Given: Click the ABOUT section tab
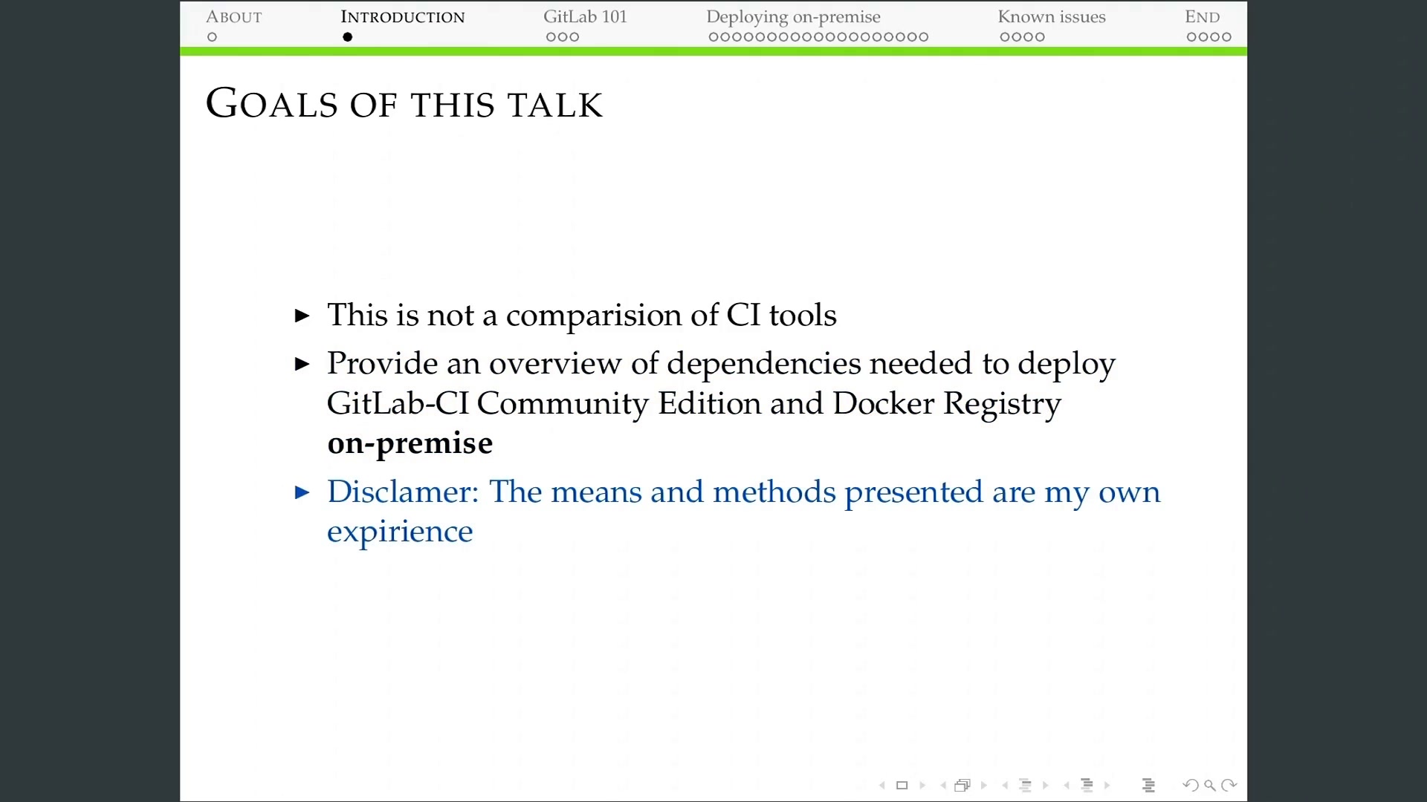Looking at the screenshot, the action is (x=234, y=17).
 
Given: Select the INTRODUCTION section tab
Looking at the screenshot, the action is (x=403, y=17).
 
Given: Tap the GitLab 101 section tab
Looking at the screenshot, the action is (x=585, y=17).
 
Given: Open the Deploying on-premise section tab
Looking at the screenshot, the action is (x=793, y=18).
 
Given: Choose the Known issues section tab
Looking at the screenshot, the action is (x=1052, y=17).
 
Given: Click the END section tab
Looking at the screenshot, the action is (x=1203, y=17).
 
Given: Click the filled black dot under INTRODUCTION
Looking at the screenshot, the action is (x=347, y=37).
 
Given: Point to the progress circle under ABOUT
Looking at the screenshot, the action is (x=212, y=37).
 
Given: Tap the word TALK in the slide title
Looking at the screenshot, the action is (x=554, y=105).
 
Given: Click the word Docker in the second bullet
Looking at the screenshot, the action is (x=883, y=403).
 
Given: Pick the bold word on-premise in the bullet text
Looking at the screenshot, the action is (x=410, y=444).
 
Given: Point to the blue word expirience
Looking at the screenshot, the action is (x=400, y=532).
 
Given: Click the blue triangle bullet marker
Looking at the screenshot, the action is (x=302, y=492).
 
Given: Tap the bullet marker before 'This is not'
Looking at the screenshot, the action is (x=302, y=316).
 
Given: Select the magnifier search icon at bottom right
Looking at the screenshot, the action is (x=1210, y=785).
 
